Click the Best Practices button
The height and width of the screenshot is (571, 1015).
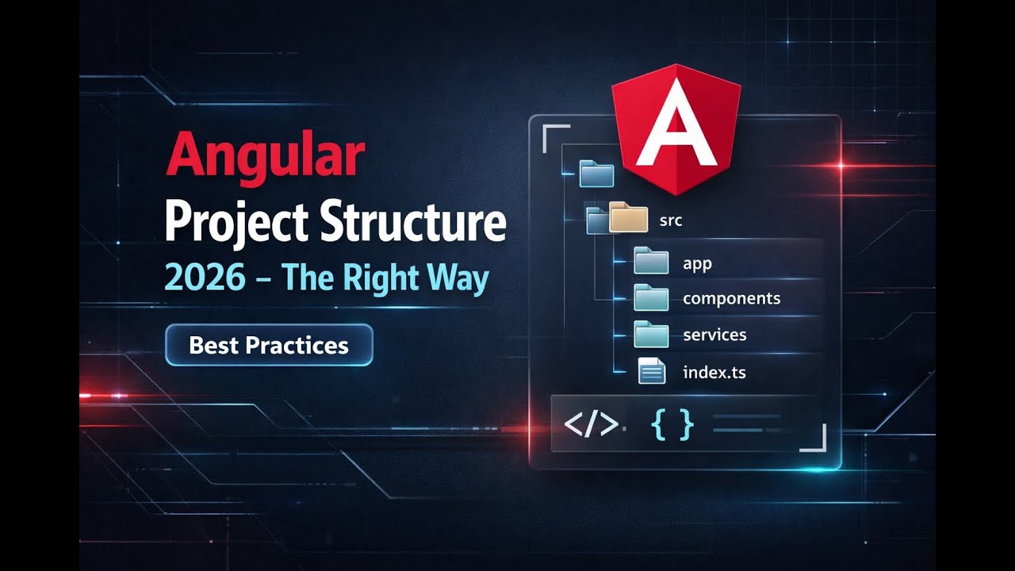(269, 345)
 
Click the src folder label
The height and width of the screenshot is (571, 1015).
(671, 220)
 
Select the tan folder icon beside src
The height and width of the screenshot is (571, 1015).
(629, 217)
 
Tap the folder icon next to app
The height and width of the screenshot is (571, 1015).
(651, 260)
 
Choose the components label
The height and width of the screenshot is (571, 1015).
(731, 298)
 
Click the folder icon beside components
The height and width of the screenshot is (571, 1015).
(651, 297)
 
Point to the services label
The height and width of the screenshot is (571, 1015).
(714, 335)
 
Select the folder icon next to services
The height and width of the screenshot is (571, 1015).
(651, 333)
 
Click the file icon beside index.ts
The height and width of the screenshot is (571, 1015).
(652, 371)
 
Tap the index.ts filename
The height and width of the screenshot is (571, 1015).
(714, 371)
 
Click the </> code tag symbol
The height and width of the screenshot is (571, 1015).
(591, 425)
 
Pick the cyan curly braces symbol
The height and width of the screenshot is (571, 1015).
(672, 424)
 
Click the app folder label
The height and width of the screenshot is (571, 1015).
(697, 263)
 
